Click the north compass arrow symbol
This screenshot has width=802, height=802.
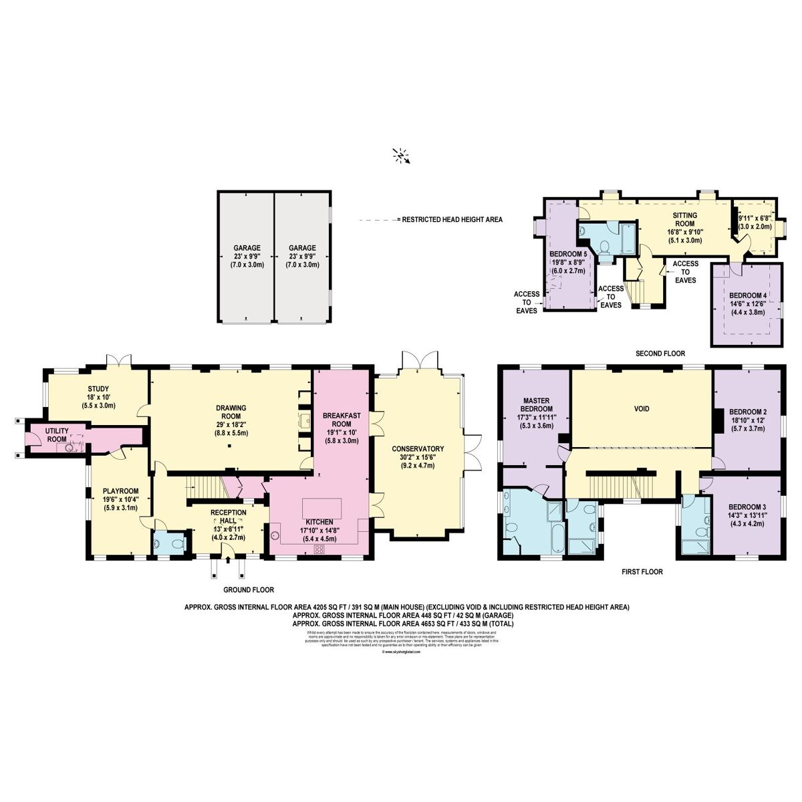tap(401, 156)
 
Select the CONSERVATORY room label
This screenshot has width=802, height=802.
tap(418, 448)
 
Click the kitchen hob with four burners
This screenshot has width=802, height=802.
tap(319, 549)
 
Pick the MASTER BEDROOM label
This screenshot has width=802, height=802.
tap(536, 404)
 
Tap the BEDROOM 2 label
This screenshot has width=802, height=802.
tap(747, 411)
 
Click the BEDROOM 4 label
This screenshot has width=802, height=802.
tap(747, 295)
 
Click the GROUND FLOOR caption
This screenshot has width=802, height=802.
tap(249, 590)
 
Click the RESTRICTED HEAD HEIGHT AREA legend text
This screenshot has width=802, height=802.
tap(449, 219)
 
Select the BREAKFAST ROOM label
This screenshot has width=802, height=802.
tap(342, 420)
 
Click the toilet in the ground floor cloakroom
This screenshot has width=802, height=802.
tap(176, 544)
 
